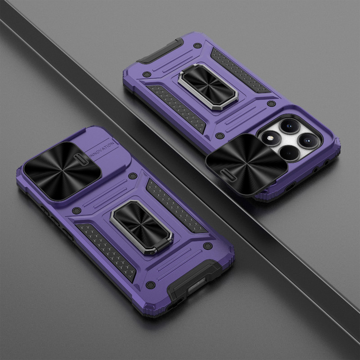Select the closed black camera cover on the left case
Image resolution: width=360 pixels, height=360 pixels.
(x=62, y=171)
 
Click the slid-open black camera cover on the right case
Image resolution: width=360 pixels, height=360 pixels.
(x=246, y=164)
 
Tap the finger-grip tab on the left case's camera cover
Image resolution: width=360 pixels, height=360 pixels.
(x=81, y=159)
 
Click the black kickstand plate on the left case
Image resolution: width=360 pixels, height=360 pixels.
(x=141, y=226)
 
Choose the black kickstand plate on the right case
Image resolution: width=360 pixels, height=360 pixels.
(x=208, y=86)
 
